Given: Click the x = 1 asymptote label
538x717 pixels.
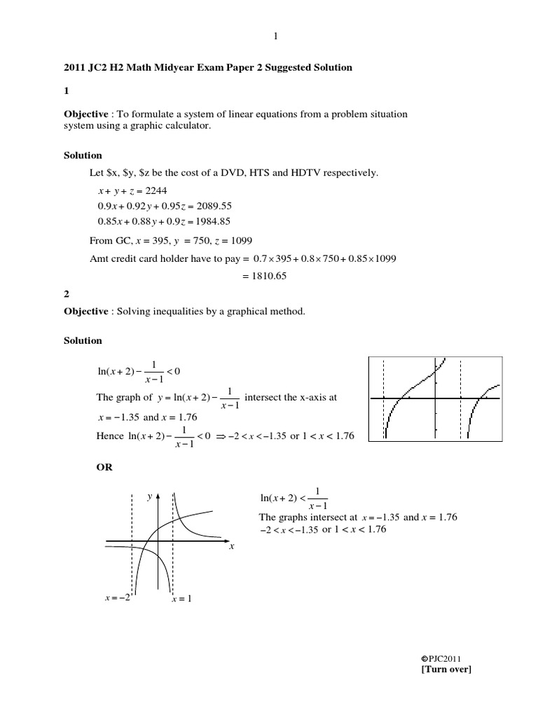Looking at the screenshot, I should tap(181, 599).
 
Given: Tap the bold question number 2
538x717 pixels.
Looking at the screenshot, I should tap(66, 295).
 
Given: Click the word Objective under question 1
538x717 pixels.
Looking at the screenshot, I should tap(85, 113).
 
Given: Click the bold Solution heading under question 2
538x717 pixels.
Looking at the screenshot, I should tap(83, 340).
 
